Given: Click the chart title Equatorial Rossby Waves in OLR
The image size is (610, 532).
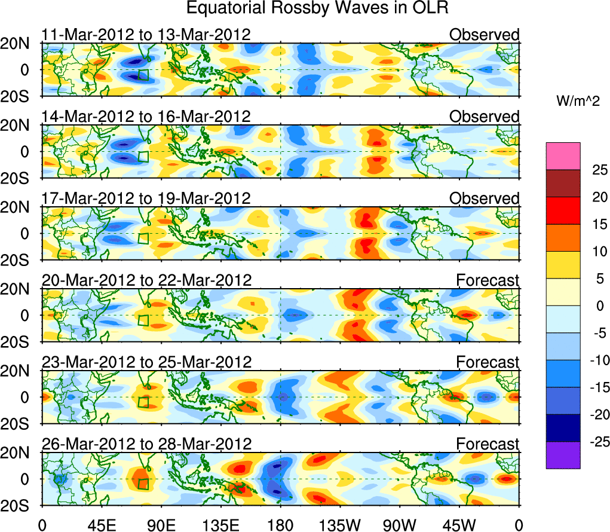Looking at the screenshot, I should pos(317,9).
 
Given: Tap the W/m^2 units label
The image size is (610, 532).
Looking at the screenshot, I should pos(578,102).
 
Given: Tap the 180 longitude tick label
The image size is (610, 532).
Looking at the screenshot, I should pos(280,525).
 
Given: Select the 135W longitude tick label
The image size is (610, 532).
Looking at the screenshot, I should pos(340,525).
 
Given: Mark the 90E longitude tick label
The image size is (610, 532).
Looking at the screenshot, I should pos(160,525).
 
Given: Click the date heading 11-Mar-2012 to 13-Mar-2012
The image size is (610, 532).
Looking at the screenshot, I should pos(145,35).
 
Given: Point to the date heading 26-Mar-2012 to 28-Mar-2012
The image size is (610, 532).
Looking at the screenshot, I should pos(146,444).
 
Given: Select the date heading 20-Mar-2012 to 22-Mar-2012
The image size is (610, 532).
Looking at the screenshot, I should pos(146,280).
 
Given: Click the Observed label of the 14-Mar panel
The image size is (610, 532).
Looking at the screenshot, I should pos(485,117).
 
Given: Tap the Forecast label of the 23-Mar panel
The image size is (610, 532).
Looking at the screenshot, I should pos(488,362).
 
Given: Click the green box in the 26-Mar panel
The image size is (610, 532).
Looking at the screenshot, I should pos(143,484).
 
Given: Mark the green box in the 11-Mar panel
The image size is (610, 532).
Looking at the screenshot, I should pos(143,75).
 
